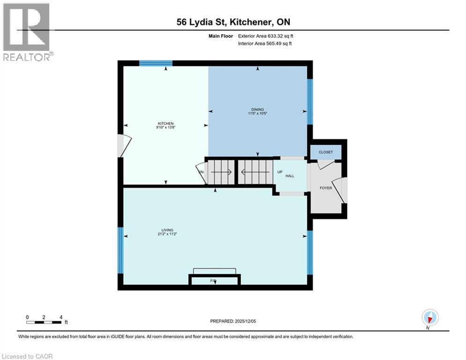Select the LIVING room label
tap(167, 230)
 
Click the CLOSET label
tap(325, 152)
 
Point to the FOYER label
tap(325, 188)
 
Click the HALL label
tap(290, 176)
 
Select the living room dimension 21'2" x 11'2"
tap(167, 234)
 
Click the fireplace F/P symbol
tap(214, 281)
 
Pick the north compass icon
tap(429, 318)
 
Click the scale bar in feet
tap(44, 322)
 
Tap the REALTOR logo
tap(27, 32)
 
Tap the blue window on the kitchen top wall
tap(156, 63)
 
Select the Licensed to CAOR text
tap(28, 356)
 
